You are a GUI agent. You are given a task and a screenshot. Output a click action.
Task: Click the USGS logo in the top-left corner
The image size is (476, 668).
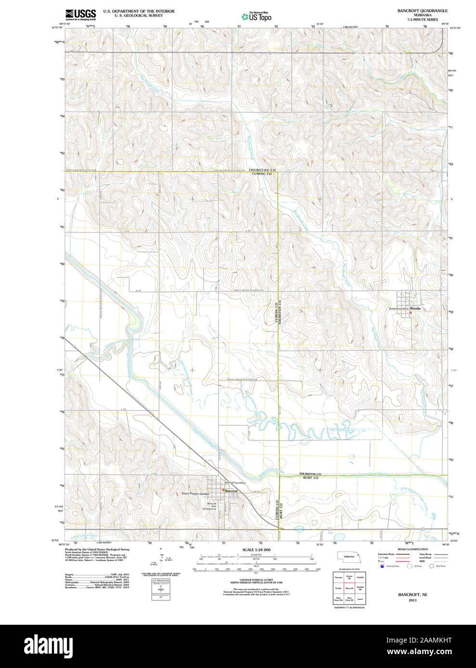[x=81, y=14]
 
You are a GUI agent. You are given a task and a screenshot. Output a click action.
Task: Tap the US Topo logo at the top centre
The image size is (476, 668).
[x=256, y=16]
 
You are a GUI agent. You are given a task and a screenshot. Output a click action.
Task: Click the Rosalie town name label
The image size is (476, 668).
[x=415, y=308]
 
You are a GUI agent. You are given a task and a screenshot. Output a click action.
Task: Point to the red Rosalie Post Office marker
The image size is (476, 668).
[x=410, y=313]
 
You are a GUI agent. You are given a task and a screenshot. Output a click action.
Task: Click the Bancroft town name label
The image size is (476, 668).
[x=232, y=491]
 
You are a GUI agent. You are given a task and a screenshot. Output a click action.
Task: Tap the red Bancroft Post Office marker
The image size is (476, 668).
[x=224, y=490]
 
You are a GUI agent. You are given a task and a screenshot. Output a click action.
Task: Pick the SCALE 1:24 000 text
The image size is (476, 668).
[x=256, y=550]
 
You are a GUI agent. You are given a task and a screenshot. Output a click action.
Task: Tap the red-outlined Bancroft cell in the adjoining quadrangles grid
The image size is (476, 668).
[x=349, y=588]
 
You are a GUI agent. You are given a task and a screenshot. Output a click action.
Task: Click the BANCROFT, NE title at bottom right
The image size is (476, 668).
[x=412, y=594]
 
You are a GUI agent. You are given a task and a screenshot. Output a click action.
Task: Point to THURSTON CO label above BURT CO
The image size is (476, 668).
[x=310, y=474]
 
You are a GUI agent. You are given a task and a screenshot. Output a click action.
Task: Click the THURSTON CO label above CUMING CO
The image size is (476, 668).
[x=262, y=170]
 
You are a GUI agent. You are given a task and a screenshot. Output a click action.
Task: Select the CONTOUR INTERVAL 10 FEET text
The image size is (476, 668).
[x=256, y=580]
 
